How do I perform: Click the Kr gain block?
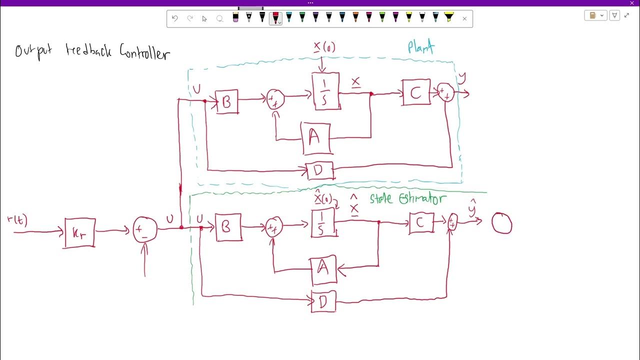click(x=79, y=233)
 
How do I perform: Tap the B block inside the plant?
click(x=226, y=101)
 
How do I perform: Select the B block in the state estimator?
click(x=228, y=227)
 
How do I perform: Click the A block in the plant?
click(x=315, y=138)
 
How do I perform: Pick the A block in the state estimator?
click(x=323, y=270)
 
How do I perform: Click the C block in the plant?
click(x=416, y=92)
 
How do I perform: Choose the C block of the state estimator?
click(x=421, y=223)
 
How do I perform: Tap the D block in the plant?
click(x=319, y=171)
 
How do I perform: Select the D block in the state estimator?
click(x=323, y=301)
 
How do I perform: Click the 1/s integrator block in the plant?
click(x=325, y=91)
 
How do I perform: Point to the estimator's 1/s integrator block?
click(x=324, y=223)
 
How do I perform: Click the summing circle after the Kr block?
click(x=145, y=230)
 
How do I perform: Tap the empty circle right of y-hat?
click(x=501, y=223)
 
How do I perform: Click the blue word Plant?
click(x=420, y=47)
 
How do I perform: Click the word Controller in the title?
click(x=144, y=52)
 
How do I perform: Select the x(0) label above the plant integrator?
click(x=324, y=47)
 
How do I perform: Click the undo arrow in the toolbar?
click(x=174, y=18)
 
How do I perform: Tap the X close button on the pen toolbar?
click(x=464, y=18)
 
